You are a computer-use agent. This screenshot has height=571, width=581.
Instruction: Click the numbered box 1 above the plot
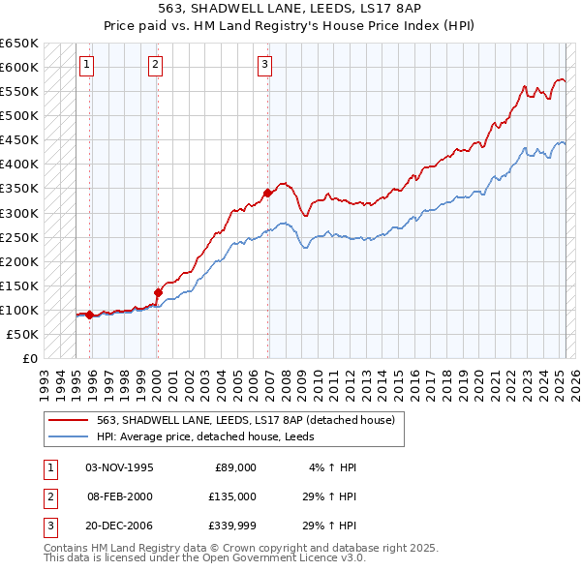pos(87,65)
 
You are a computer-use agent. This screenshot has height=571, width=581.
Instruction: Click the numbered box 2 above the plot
pos(155,65)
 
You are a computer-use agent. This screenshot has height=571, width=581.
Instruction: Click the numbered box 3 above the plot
pos(264,65)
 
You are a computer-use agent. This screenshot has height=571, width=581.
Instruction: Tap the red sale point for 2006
pos(268,194)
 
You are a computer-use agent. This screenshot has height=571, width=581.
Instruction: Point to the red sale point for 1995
pos(90,315)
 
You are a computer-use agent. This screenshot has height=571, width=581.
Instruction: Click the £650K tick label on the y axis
pos(19,44)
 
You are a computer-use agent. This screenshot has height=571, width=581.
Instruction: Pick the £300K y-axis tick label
pos(19,213)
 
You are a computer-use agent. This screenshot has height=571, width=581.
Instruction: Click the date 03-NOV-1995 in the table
pos(120,467)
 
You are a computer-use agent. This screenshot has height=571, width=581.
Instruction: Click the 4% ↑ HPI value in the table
pos(333,467)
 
